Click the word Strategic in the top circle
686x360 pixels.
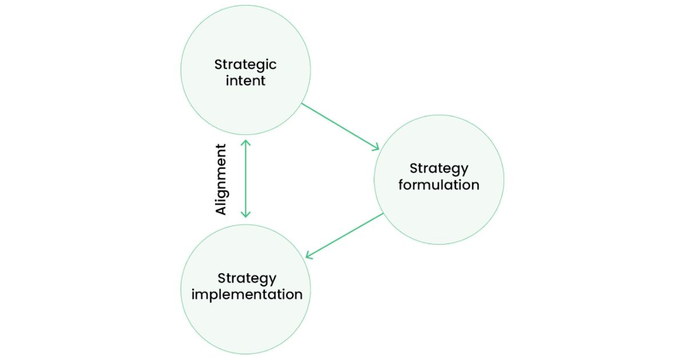(x=245, y=64)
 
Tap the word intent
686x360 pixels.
(x=245, y=81)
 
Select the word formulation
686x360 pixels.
(x=438, y=185)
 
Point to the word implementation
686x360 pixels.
(x=246, y=295)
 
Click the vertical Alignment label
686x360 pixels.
(x=221, y=179)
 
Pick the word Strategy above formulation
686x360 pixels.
(x=438, y=169)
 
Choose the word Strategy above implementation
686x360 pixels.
(x=246, y=279)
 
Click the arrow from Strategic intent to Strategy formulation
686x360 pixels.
(x=340, y=126)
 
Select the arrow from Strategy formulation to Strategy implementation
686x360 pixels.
(x=344, y=235)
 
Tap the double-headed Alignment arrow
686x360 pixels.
(x=245, y=179)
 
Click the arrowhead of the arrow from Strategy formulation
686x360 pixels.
(x=309, y=256)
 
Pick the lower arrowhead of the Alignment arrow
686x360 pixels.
(x=245, y=215)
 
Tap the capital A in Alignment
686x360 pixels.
(x=221, y=209)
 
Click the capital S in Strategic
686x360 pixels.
(x=218, y=64)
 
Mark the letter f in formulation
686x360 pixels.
(x=401, y=185)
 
